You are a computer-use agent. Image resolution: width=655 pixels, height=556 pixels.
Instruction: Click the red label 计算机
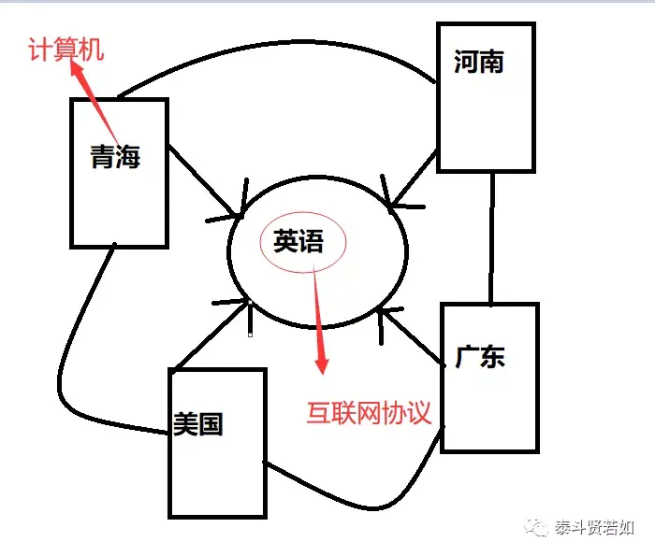(x=65, y=49)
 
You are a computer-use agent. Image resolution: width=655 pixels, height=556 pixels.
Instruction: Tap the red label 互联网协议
(x=369, y=413)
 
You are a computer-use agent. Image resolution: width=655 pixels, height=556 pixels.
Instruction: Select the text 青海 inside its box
(x=115, y=158)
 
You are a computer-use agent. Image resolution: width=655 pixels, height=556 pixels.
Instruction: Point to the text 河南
(x=478, y=63)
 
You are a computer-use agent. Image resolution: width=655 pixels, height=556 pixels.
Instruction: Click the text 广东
(x=480, y=356)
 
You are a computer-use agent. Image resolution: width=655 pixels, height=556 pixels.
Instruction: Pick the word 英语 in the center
(x=298, y=242)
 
